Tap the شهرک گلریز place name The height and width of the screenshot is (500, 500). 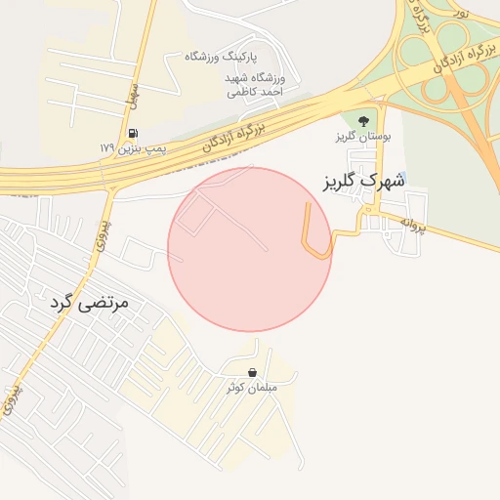(x=360, y=181)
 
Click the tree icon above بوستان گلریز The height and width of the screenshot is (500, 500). (x=363, y=121)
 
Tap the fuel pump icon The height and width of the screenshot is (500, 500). (x=132, y=133)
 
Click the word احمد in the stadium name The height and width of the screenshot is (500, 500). (x=264, y=91)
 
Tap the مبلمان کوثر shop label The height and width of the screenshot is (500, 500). (x=252, y=387)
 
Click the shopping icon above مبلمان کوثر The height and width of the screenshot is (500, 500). (x=253, y=372)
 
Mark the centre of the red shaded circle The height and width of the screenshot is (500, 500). (x=250, y=250)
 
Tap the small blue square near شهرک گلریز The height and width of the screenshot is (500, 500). (x=407, y=177)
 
